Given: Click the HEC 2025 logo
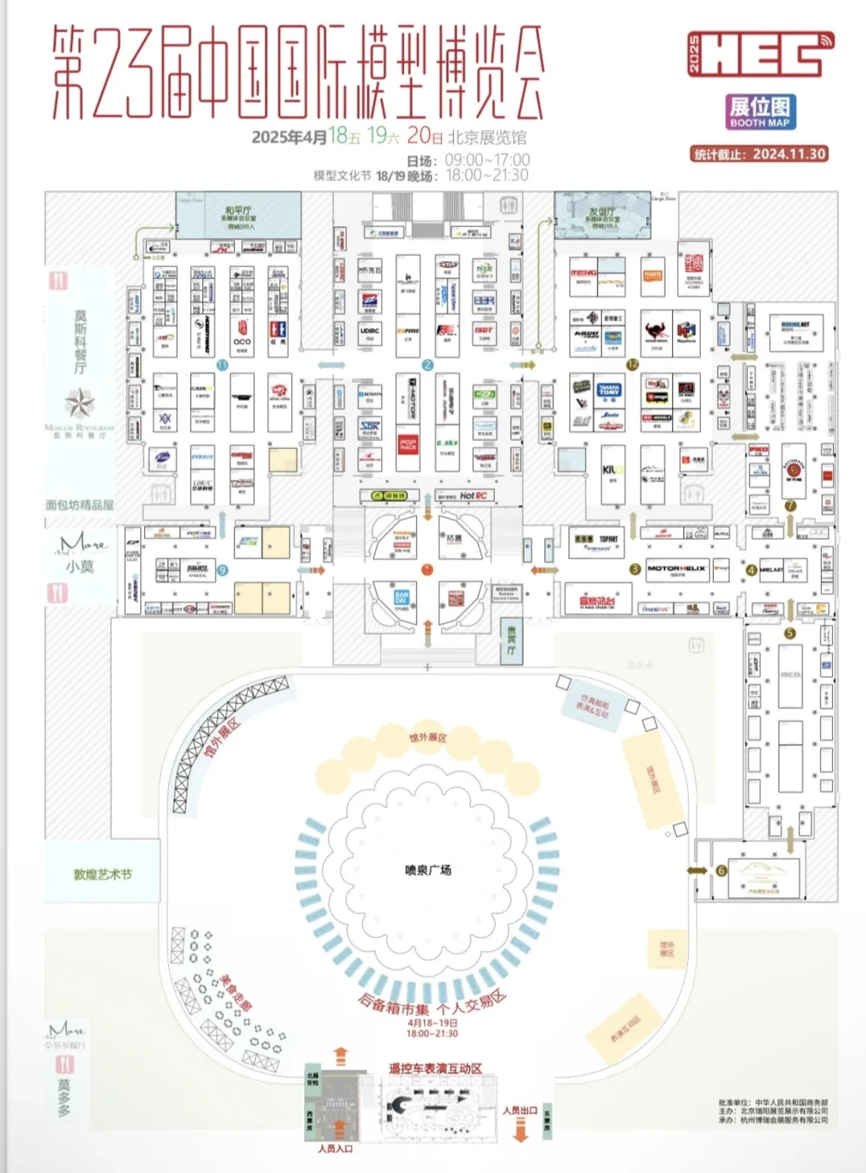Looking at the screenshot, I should [x=760, y=55].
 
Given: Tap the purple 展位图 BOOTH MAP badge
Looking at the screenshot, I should [x=760, y=111].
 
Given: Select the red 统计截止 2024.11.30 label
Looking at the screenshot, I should [x=759, y=154].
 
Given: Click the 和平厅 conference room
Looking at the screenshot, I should [x=240, y=215].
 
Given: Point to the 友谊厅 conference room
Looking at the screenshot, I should [x=602, y=215].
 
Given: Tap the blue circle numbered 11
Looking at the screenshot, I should [x=222, y=365].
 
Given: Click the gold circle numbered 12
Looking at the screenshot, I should [x=633, y=365].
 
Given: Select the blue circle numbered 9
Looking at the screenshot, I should [x=223, y=570].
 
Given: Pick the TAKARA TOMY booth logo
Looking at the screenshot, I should [x=609, y=390].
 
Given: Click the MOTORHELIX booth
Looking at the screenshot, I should [x=677, y=569].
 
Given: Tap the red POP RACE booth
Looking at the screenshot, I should [x=408, y=444].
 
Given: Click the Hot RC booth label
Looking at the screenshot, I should [x=473, y=496].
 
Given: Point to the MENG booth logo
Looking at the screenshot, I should [x=583, y=274].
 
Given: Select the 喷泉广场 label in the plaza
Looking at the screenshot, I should [x=427, y=870].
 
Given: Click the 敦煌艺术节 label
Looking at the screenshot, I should [x=103, y=875].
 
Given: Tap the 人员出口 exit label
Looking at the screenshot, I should [x=520, y=1110].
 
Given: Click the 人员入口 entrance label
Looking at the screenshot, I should [x=335, y=1149].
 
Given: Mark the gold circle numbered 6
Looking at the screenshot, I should [x=721, y=871].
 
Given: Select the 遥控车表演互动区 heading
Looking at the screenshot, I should [x=435, y=1069].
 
